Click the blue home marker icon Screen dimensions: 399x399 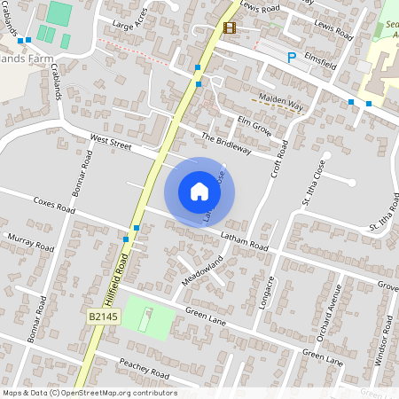point(199,192)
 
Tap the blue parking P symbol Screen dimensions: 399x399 point(291,58)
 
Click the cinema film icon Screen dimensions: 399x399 point(231,27)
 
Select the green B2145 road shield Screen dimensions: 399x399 point(103,316)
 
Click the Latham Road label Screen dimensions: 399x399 point(244,239)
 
